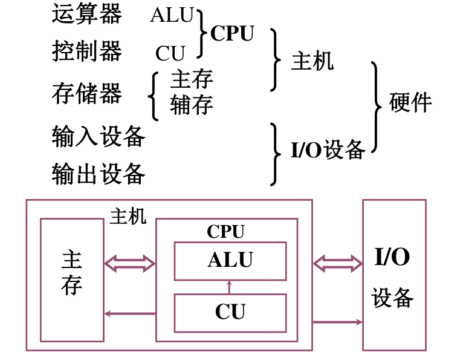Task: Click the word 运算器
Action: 86,15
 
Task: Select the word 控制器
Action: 86,52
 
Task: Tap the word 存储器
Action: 86,94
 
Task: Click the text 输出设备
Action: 98,174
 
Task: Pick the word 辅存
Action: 192,105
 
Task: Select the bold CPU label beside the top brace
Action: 232,33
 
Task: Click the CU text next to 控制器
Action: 170,54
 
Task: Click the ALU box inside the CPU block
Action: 230,261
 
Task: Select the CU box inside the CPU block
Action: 230,312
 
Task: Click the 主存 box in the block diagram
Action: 71,280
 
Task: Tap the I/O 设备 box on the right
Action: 393,275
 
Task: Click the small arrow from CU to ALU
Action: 229,287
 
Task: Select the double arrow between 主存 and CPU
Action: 129,263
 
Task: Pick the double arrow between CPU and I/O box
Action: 337,263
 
